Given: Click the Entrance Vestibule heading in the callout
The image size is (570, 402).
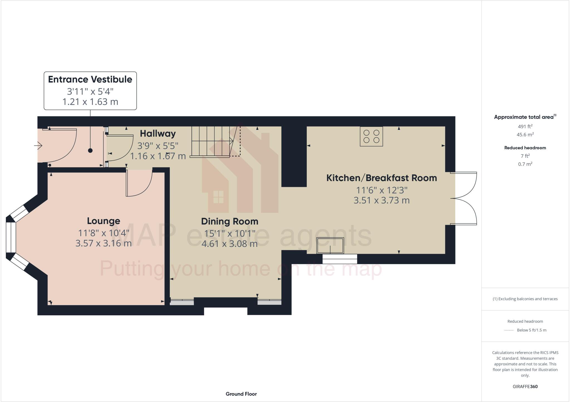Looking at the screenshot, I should (x=90, y=80).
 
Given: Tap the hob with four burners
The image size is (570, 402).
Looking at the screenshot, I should (x=371, y=136).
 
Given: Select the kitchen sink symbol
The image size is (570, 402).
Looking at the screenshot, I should (x=330, y=245).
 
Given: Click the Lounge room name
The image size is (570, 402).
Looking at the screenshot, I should (x=104, y=221).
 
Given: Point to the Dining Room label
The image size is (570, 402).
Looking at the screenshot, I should (x=230, y=222).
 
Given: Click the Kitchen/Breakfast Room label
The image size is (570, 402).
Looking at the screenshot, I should (x=381, y=178).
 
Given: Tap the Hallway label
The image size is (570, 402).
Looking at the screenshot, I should (x=158, y=134).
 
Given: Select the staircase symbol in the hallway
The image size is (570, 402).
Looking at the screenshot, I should (x=212, y=142).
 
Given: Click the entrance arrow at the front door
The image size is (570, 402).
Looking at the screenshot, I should (x=38, y=145).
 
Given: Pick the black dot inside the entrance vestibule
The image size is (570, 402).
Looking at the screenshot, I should (x=90, y=150).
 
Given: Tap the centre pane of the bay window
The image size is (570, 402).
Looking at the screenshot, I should (x=11, y=237).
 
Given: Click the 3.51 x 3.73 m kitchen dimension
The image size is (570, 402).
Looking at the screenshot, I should (x=381, y=200).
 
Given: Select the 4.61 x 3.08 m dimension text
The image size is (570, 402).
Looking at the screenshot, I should (x=229, y=244).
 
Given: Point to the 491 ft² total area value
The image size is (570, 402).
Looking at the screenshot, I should (x=525, y=126).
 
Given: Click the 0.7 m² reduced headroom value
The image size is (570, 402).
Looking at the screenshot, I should (x=525, y=164).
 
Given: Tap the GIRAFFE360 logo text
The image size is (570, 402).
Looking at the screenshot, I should (x=525, y=386).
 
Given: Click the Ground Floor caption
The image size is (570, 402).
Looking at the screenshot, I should (x=241, y=394).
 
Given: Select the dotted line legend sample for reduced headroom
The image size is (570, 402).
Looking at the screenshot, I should (x=509, y=330).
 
